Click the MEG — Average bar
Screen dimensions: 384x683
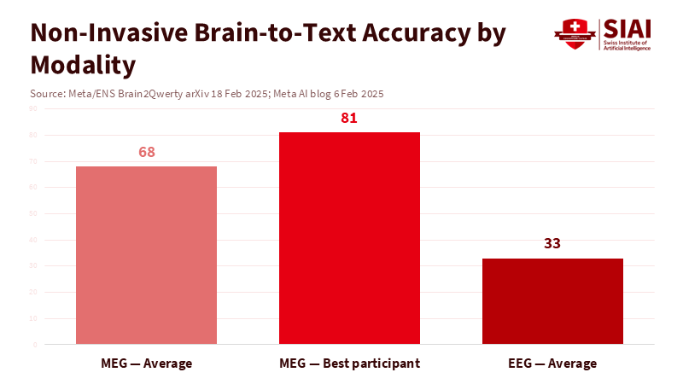pyautogui.click(x=146, y=255)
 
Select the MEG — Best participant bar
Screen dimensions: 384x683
pyautogui.click(x=350, y=238)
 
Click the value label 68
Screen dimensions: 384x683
pyautogui.click(x=146, y=153)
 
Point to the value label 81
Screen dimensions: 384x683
pyautogui.click(x=348, y=119)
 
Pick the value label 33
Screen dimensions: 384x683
pyautogui.click(x=552, y=244)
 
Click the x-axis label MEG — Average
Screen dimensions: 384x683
pyautogui.click(x=146, y=364)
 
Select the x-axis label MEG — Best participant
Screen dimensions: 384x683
pyautogui.click(x=350, y=364)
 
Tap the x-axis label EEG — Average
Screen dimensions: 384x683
pyautogui.click(x=552, y=364)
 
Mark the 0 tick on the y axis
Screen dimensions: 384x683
pyautogui.click(x=34, y=345)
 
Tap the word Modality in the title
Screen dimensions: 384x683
pyautogui.click(x=83, y=64)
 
